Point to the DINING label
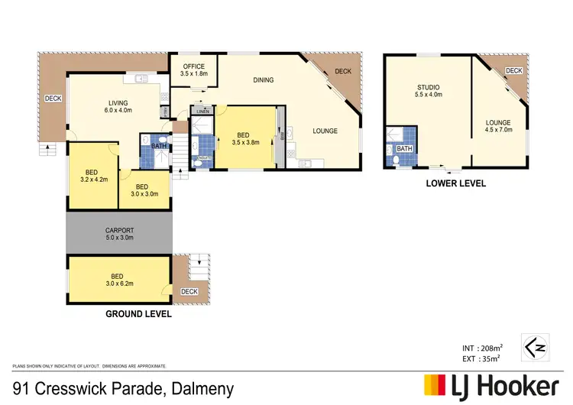point(263,79)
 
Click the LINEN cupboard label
point(202,112)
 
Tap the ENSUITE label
point(203,158)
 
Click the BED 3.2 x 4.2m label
point(91,176)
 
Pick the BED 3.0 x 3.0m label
point(141,190)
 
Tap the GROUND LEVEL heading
point(138,313)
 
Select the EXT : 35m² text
point(481,357)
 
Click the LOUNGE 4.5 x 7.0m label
point(498,125)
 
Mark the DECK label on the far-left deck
point(53,98)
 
